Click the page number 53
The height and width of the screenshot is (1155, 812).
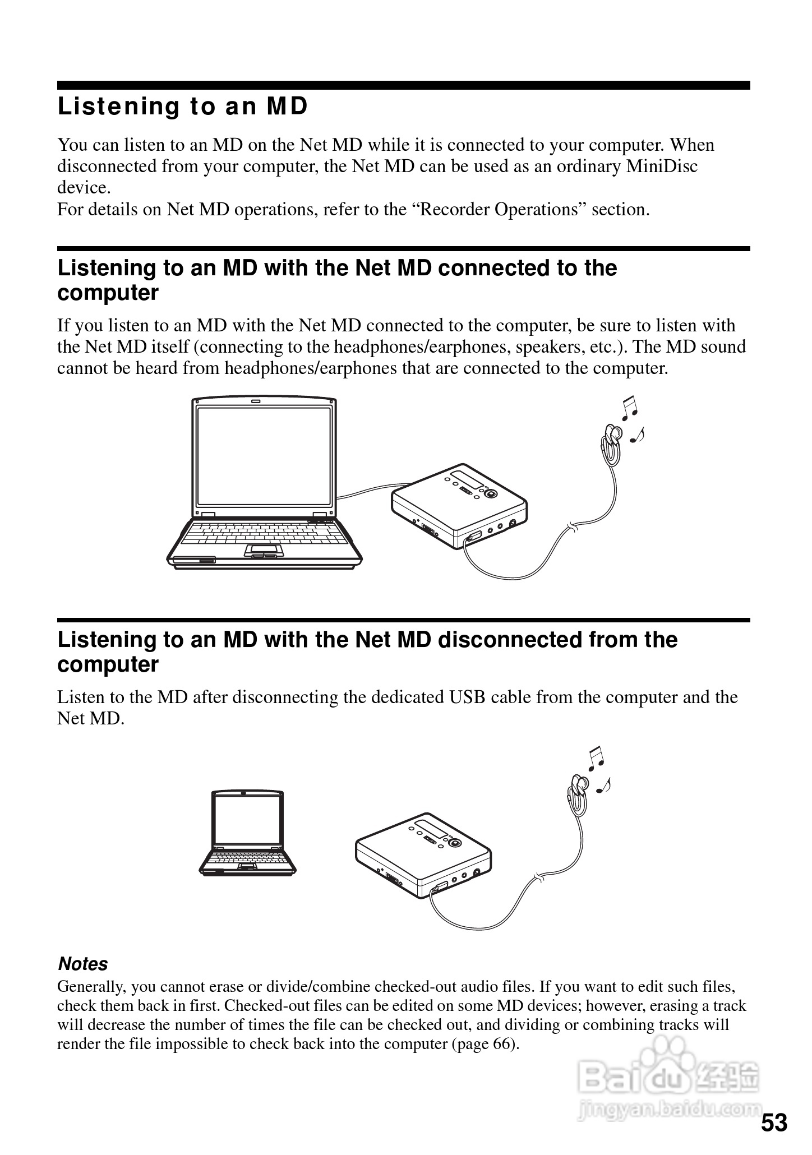(774, 1123)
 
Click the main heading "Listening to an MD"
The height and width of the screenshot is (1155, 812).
(183, 107)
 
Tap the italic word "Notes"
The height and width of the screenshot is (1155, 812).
(83, 964)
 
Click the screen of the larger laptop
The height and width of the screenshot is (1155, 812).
(264, 456)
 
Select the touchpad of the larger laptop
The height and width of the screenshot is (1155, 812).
(264, 549)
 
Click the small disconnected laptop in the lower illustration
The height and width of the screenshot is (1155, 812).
(248, 833)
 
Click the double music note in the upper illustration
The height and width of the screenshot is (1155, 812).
(630, 408)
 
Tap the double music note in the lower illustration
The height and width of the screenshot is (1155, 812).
(596, 757)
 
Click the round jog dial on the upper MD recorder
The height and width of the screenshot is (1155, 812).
(491, 493)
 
